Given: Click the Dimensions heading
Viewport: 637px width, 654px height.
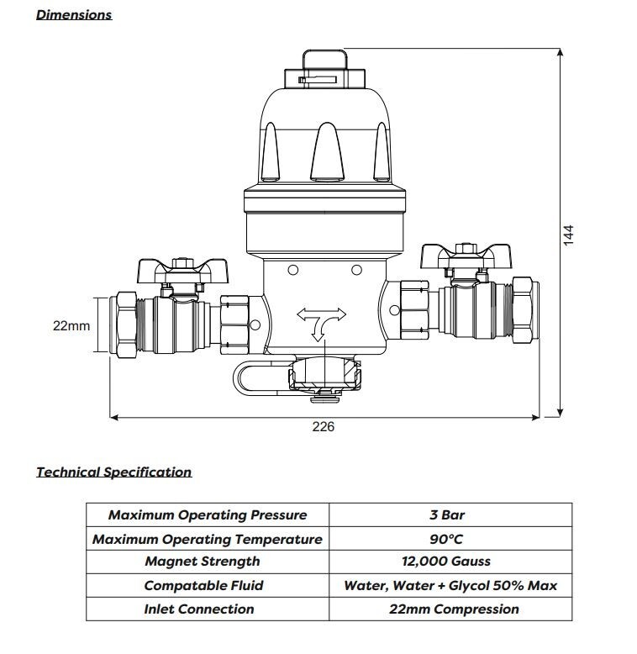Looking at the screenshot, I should coord(74,14).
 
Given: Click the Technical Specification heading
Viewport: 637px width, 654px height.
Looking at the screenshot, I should coord(113,472).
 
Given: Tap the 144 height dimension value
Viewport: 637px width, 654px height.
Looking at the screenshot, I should coord(568,234).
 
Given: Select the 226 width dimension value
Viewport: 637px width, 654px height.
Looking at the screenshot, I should coord(324,427).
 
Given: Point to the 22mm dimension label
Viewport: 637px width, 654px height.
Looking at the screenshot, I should coord(71,325).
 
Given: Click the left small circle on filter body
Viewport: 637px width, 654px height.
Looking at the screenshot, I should coord(292,271).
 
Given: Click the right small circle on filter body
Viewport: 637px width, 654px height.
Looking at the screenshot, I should coord(356,271).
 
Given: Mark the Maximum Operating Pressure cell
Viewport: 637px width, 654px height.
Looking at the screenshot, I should coord(208,515).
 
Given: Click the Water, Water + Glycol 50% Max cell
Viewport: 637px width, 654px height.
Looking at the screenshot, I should coord(450,585).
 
